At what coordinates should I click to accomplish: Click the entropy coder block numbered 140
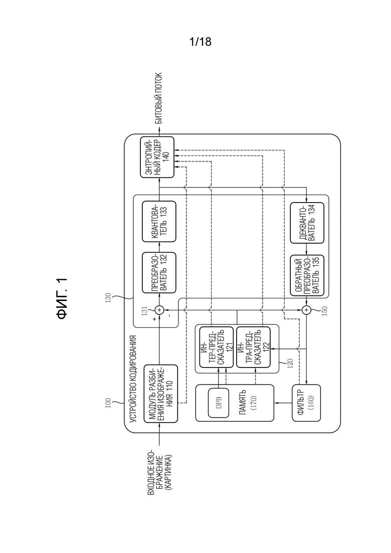[x=157, y=157]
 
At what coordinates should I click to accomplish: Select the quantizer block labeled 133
[x=159, y=222]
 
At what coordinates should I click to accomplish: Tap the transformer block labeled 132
[x=159, y=273]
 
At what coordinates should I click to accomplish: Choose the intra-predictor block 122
[x=253, y=347]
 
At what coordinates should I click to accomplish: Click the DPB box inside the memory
[x=218, y=403]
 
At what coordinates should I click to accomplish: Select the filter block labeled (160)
[x=306, y=403]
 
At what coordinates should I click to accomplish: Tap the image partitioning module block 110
[x=161, y=394]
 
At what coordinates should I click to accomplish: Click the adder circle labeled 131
[x=159, y=310]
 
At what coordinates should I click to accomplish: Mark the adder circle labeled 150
[x=307, y=310]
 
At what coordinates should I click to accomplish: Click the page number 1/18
[x=200, y=42]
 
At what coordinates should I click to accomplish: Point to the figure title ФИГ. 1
[x=62, y=298]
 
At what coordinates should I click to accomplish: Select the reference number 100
[x=108, y=403]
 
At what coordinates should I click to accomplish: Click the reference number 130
[x=108, y=297]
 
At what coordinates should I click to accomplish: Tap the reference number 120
[x=290, y=363]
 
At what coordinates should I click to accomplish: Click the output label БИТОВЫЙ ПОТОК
[x=158, y=98]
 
